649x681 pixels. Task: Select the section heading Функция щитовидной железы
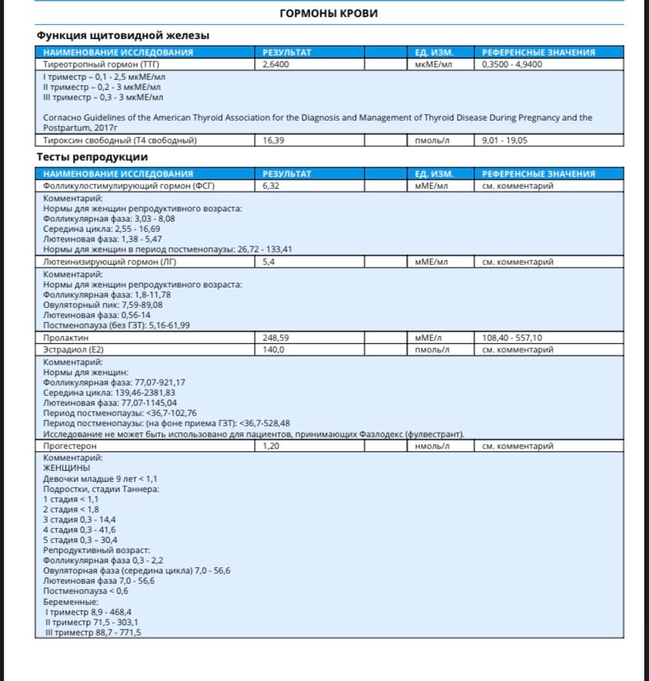122,35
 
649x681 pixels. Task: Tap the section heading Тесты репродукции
92,157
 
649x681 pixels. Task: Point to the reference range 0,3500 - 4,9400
513,64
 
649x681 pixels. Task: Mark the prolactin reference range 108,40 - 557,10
512,339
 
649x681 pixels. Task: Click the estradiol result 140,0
274,350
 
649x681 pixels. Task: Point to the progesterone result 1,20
271,446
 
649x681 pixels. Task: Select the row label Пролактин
64,339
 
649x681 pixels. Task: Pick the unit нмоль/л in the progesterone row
432,446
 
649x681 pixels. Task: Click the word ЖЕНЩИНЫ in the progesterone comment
66,468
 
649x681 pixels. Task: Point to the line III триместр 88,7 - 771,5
92,632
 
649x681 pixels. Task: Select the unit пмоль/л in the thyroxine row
432,140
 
